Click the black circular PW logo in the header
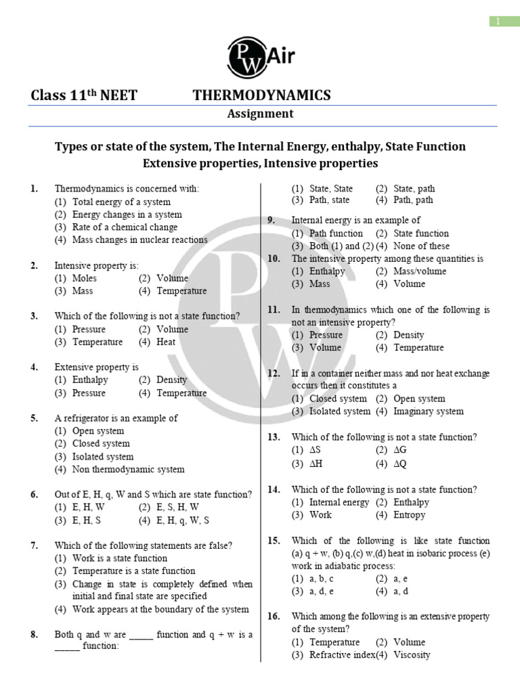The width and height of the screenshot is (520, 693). click(248, 57)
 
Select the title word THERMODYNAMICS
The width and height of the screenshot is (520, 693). click(262, 95)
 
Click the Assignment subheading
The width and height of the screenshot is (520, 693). click(260, 114)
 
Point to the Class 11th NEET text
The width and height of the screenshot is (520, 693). click(84, 95)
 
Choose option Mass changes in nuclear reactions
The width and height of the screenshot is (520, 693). click(139, 240)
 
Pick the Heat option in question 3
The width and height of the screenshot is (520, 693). click(166, 342)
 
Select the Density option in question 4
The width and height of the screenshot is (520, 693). click(171, 380)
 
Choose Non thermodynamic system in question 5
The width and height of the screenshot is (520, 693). click(128, 469)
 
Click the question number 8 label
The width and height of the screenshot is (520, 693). click(34, 635)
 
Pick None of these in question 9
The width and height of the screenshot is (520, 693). click(420, 246)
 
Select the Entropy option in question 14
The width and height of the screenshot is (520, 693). click(409, 515)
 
